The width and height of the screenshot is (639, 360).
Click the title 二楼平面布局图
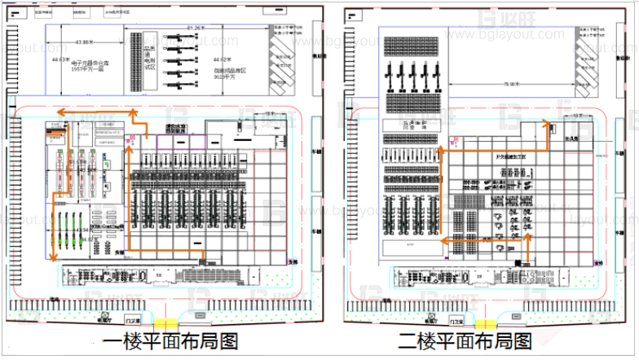[468, 340]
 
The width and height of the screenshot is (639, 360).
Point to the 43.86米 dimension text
[84, 42]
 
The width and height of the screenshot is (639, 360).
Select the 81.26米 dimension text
[195, 29]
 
